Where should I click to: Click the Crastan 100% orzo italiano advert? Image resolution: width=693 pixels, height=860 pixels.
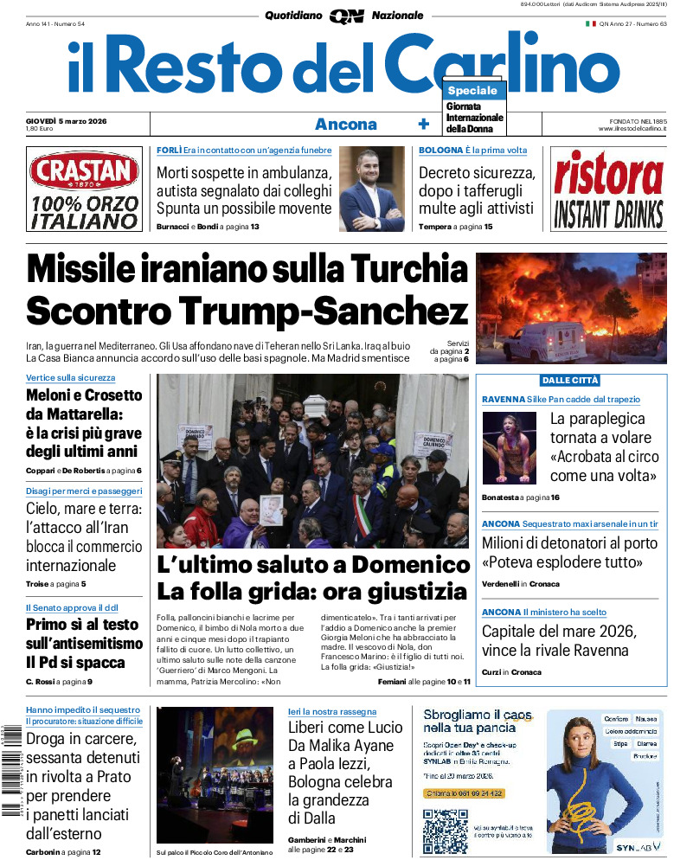tap(84, 189)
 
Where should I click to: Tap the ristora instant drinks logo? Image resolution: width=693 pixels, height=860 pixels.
tap(608, 189)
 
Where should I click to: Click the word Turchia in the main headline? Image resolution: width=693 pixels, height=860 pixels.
tap(394, 270)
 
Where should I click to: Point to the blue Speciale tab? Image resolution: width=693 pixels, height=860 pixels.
tap(472, 91)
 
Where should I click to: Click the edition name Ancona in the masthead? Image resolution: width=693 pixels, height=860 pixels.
tap(345, 125)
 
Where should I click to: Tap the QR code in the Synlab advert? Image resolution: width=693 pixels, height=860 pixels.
tap(445, 829)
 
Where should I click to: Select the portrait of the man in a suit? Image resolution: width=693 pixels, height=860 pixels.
tap(371, 188)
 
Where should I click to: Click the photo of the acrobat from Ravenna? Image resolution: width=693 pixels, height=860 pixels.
tap(510, 447)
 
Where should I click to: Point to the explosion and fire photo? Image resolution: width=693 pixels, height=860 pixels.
tap(571, 307)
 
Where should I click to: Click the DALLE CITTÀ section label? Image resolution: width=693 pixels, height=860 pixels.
tap(570, 381)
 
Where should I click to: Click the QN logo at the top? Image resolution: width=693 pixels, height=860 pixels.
tap(346, 16)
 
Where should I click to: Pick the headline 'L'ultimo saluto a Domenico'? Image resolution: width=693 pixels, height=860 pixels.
tap(313, 566)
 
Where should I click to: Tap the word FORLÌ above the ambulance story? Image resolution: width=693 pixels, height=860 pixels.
tap(169, 151)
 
